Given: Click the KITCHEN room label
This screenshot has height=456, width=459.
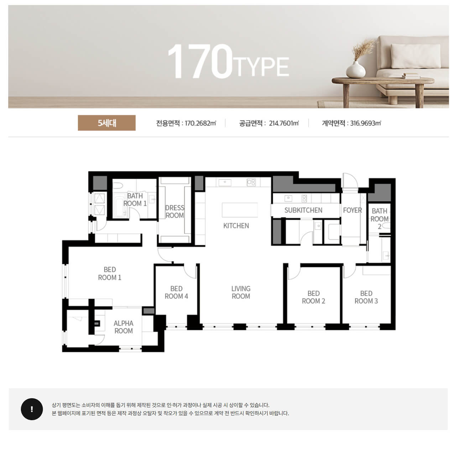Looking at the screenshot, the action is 236,226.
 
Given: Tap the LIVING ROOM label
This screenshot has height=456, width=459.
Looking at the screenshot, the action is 241,292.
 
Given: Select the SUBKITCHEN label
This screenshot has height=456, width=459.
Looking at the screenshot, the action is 303,210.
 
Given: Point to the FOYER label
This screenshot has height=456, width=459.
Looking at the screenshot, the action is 352,210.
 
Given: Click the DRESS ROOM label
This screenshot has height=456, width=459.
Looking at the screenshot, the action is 174,212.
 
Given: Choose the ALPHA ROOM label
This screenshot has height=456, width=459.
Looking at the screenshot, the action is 123,327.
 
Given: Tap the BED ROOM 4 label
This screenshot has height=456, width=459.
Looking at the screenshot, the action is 176,292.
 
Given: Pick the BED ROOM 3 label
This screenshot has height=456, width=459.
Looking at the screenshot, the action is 366,297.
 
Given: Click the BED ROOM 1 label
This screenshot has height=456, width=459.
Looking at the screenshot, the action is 110,273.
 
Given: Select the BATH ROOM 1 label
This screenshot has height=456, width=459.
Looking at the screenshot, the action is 135,200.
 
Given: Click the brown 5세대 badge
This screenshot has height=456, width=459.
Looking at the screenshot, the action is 106,123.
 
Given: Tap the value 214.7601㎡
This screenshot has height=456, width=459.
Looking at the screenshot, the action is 284,123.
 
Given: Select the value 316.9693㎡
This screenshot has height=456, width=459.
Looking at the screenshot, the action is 365,123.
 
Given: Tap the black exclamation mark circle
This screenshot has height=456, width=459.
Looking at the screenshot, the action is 32,409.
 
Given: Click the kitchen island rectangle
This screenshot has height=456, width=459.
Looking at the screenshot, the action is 240,210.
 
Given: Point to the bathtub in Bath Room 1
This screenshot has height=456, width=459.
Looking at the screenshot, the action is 120,205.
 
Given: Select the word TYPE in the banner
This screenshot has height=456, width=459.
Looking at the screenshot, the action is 261,67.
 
